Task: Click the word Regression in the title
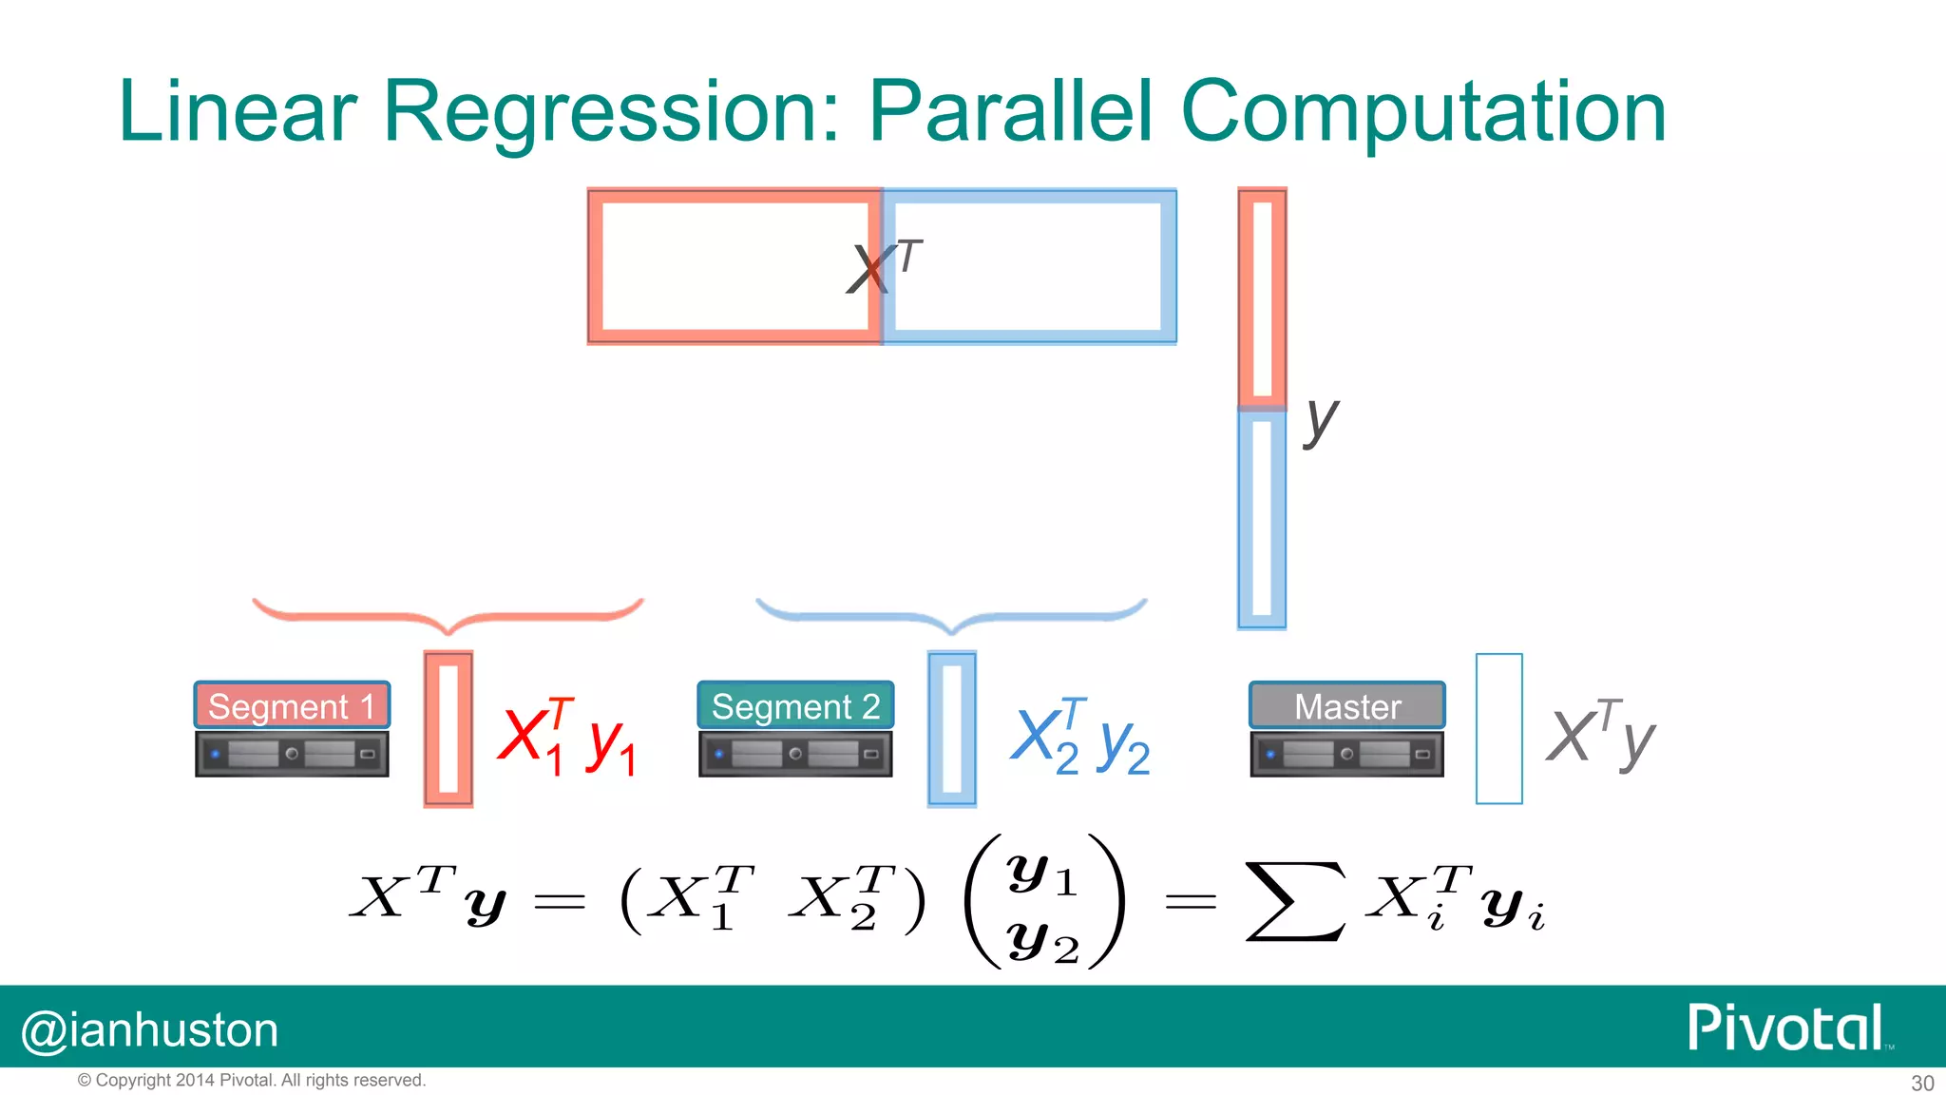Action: coord(609,112)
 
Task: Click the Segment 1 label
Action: coord(292,706)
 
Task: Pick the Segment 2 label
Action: coord(795,706)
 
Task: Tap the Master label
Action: coord(1346,706)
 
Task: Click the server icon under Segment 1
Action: coord(292,754)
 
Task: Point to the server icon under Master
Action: coord(1346,754)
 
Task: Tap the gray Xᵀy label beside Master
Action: coord(1600,737)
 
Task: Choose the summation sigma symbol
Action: coord(1295,900)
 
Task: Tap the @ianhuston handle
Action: coord(150,1030)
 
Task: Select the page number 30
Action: coord(1921,1083)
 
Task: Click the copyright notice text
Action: coord(252,1080)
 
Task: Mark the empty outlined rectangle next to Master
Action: coord(1498,729)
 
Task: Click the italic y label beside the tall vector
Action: coord(1320,419)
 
